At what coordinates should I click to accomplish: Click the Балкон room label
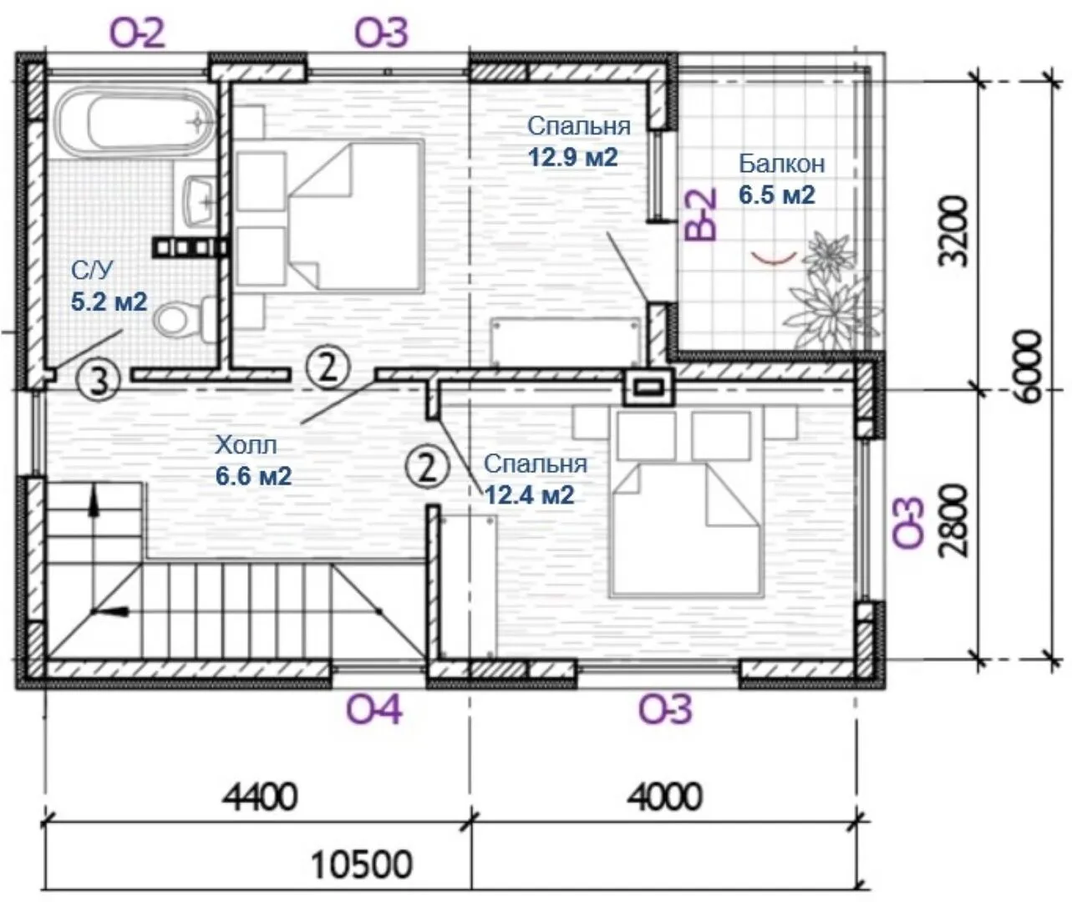tap(781, 164)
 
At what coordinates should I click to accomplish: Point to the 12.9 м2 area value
tap(573, 157)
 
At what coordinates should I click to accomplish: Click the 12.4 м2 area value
tap(530, 495)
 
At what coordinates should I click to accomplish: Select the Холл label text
tap(246, 444)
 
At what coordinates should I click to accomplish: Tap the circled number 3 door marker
tap(98, 381)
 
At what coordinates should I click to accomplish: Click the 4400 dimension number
tap(261, 798)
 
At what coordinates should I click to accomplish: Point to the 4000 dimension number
tap(664, 798)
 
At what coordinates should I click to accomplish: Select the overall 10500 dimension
tap(362, 864)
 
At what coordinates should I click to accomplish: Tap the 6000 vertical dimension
tap(1027, 366)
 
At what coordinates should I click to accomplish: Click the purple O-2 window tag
tap(138, 34)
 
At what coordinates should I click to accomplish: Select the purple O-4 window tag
tap(373, 711)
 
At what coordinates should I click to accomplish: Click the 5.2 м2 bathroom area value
tap(109, 302)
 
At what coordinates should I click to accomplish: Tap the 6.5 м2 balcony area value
tap(777, 195)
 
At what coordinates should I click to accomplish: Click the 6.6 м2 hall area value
tap(253, 476)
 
